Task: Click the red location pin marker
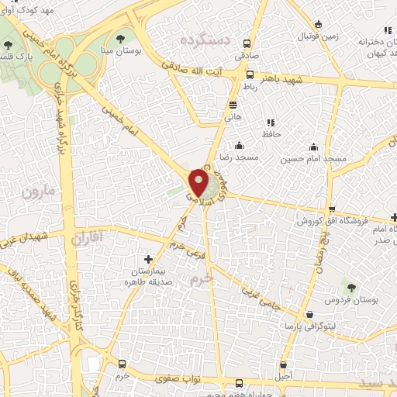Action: click(x=199, y=183)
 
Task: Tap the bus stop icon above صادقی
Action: click(x=247, y=44)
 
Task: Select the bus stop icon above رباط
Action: click(x=250, y=75)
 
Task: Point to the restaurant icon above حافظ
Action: click(x=271, y=123)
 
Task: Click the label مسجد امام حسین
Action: click(x=313, y=158)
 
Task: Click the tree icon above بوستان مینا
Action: click(x=120, y=37)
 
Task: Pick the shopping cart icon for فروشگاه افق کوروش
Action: click(x=332, y=209)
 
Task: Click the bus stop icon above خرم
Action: click(x=122, y=364)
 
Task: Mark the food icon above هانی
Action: click(x=233, y=105)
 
